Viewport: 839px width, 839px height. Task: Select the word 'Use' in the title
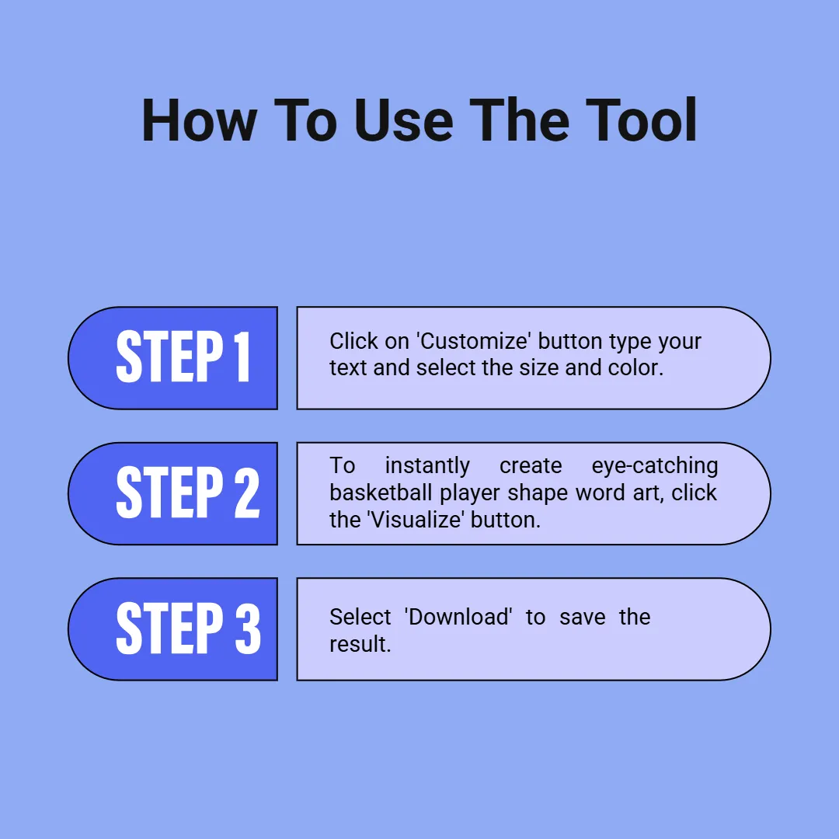pyautogui.click(x=403, y=120)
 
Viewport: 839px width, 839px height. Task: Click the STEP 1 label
pyautogui.click(x=183, y=357)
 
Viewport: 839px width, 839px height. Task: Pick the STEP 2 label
pyautogui.click(x=188, y=492)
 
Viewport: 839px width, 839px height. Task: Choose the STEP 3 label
pyautogui.click(x=188, y=627)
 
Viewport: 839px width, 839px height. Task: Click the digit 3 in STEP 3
pyautogui.click(x=248, y=627)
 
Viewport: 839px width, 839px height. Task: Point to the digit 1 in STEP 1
pyautogui.click(x=242, y=357)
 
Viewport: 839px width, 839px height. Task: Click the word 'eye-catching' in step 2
pyautogui.click(x=654, y=466)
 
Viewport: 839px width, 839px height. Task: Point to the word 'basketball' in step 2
pyautogui.click(x=381, y=493)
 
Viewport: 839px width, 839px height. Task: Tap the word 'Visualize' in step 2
pyautogui.click(x=416, y=520)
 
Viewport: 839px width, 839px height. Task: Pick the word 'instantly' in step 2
pyautogui.click(x=427, y=466)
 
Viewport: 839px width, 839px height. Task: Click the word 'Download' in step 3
pyautogui.click(x=458, y=617)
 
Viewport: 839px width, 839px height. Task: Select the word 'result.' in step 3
pyautogui.click(x=360, y=644)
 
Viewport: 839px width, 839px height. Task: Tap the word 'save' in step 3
pyautogui.click(x=582, y=618)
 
